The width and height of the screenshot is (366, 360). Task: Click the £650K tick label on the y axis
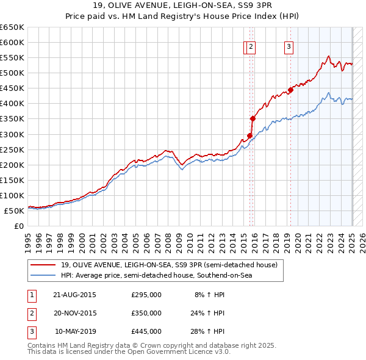pos(12,27)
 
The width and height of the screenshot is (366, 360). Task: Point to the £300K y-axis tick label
pos(12,134)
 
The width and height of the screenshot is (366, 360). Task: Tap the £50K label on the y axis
pos(14,211)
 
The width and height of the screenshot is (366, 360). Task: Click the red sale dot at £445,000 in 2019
pos(291,90)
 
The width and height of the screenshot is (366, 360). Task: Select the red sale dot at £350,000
pos(253,118)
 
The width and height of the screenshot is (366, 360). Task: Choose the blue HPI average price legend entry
pos(156,275)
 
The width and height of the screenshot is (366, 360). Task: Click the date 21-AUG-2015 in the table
pos(75,295)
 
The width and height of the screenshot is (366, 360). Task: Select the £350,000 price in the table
pos(146,313)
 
